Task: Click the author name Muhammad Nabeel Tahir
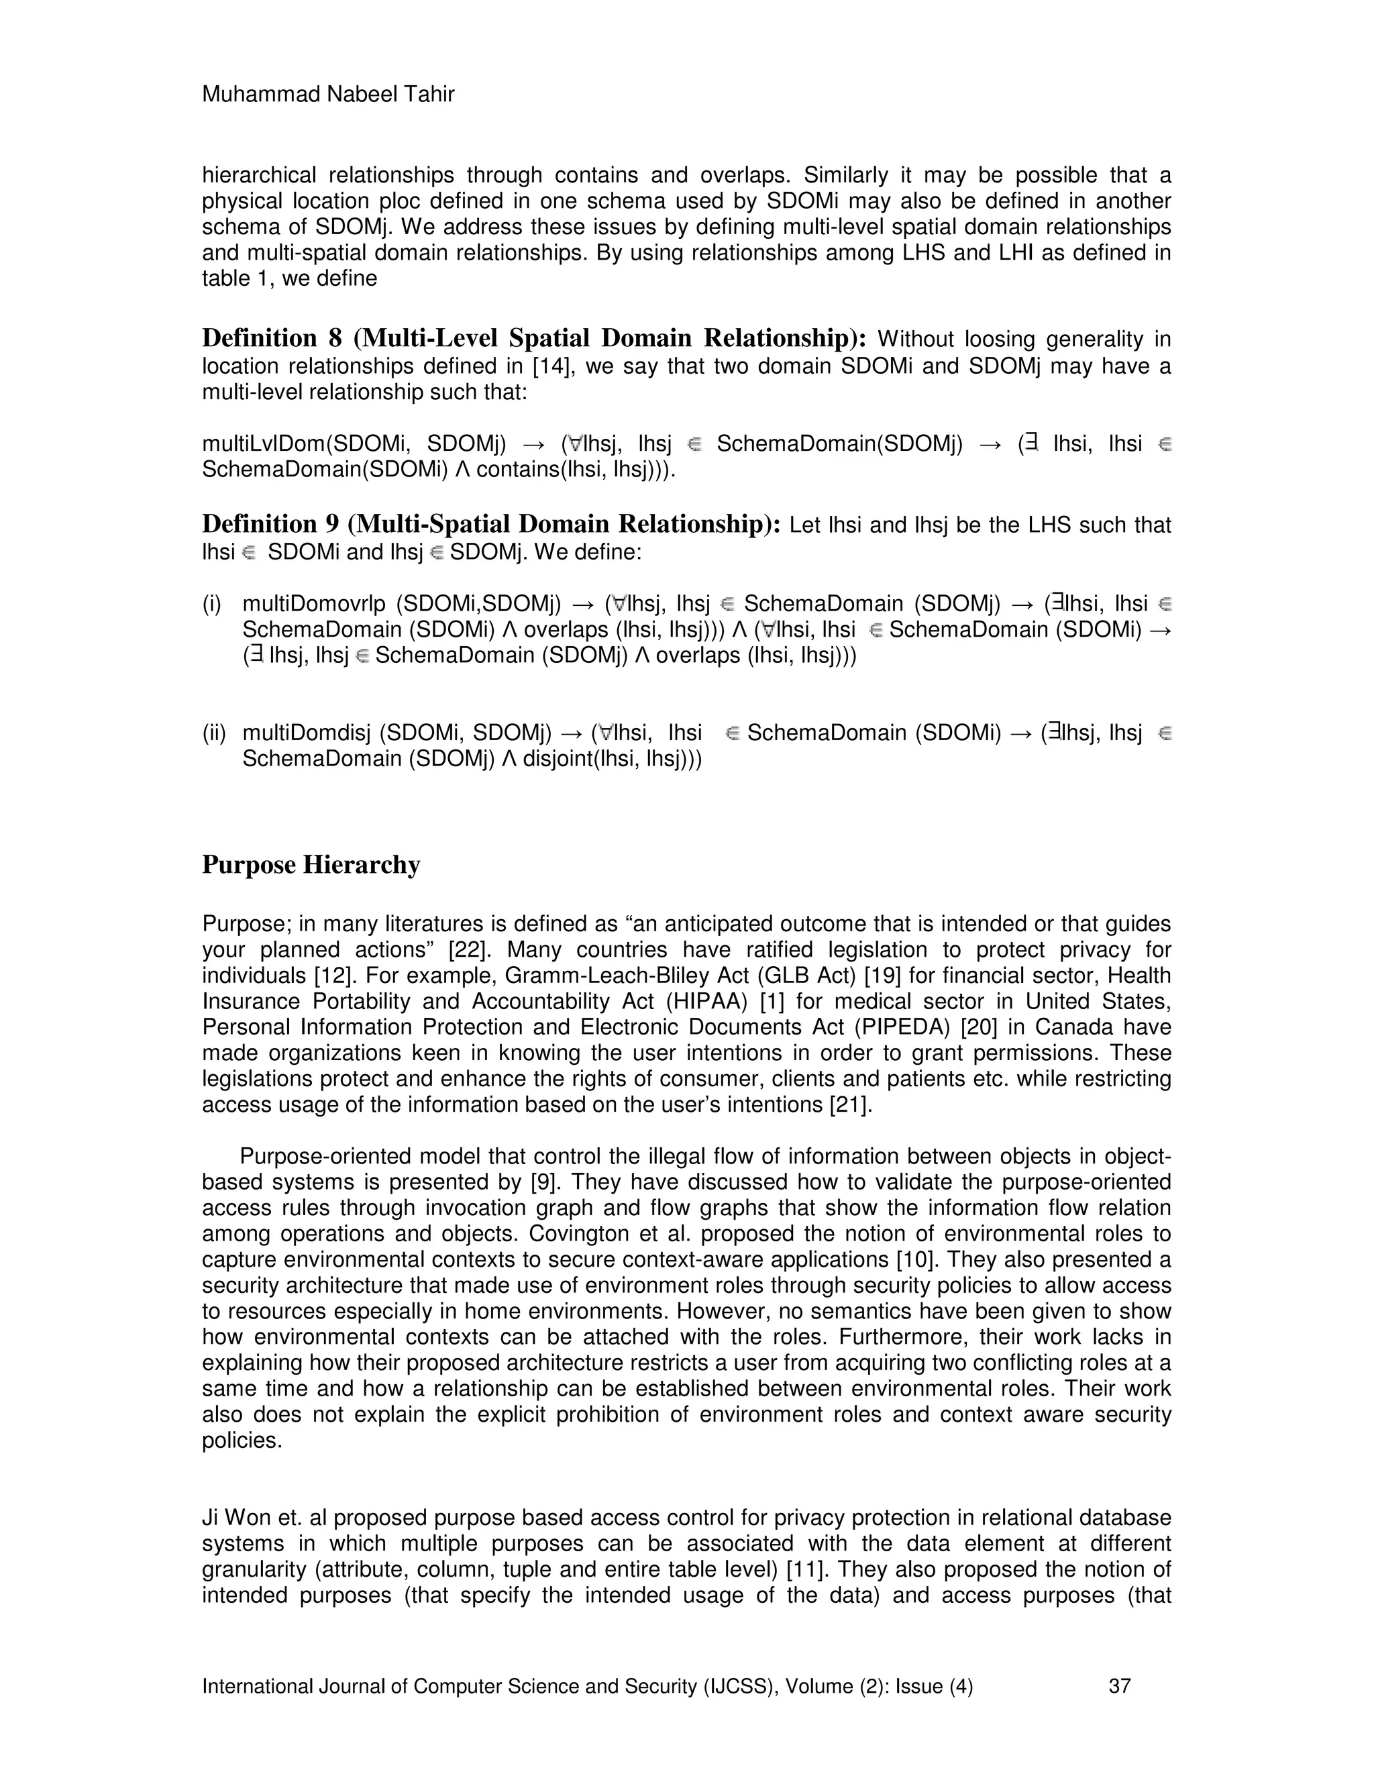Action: pyautogui.click(x=327, y=95)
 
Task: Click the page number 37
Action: pyautogui.click(x=1119, y=1685)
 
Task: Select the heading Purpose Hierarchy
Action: pyautogui.click(x=311, y=865)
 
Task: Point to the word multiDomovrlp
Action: pyautogui.click(x=313, y=603)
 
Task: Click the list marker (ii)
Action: pyautogui.click(x=214, y=733)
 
